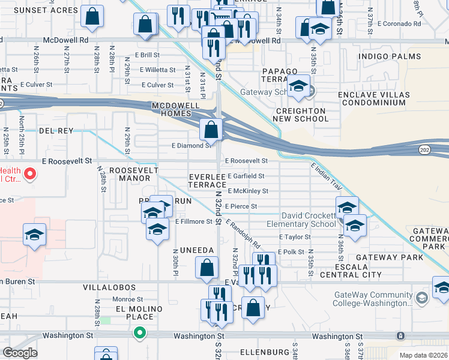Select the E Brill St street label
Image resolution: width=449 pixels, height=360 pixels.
(x=142, y=55)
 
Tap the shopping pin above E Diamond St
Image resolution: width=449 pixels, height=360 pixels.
(x=211, y=129)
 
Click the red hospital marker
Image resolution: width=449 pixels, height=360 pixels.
(x=29, y=175)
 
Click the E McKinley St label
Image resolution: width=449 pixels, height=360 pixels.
(x=248, y=191)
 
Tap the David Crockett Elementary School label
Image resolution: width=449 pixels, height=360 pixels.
(x=309, y=220)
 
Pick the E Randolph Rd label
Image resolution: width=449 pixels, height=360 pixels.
(x=244, y=233)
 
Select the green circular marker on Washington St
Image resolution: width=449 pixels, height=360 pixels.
(x=140, y=331)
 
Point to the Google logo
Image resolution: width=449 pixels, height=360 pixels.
(x=20, y=353)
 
